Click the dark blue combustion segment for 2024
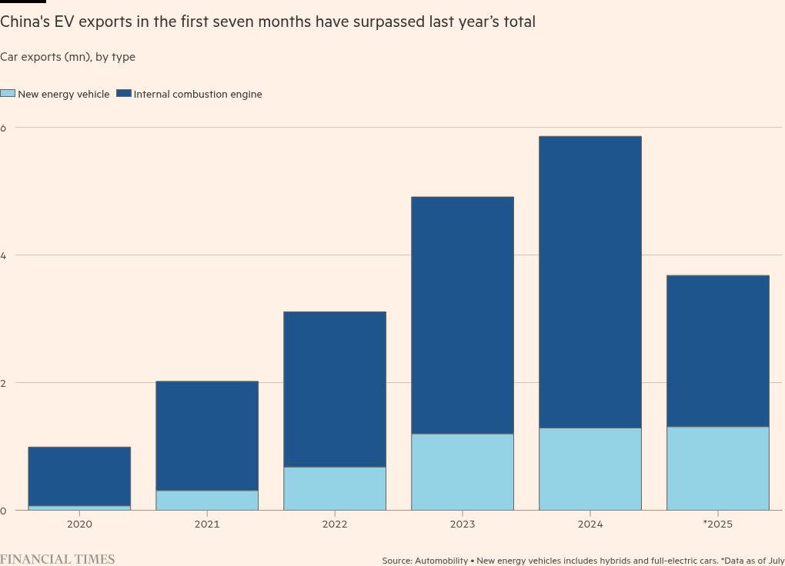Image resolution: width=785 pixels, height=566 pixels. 590,281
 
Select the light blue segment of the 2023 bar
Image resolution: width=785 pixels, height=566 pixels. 462,471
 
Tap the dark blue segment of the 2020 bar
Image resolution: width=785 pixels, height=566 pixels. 79,476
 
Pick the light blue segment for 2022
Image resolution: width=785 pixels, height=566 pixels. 334,488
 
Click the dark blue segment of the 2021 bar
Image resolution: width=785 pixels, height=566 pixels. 206,435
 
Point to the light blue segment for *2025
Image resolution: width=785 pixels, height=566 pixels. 717,468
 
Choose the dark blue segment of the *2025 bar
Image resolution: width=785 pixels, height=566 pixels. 717,351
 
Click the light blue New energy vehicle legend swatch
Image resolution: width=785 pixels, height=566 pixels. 8,94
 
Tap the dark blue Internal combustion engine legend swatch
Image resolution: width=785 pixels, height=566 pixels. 124,94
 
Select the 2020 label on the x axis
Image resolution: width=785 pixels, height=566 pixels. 79,524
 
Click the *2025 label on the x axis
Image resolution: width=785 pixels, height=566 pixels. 717,524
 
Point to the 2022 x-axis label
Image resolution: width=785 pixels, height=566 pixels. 334,524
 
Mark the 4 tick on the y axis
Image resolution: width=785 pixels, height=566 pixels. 3,255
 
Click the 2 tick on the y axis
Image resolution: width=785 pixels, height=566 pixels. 3,382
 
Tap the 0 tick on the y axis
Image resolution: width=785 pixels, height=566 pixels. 3,511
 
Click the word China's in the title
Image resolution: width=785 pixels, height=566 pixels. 21,22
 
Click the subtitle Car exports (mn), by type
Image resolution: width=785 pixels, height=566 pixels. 68,57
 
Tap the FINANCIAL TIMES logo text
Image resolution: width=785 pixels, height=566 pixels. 58,559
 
